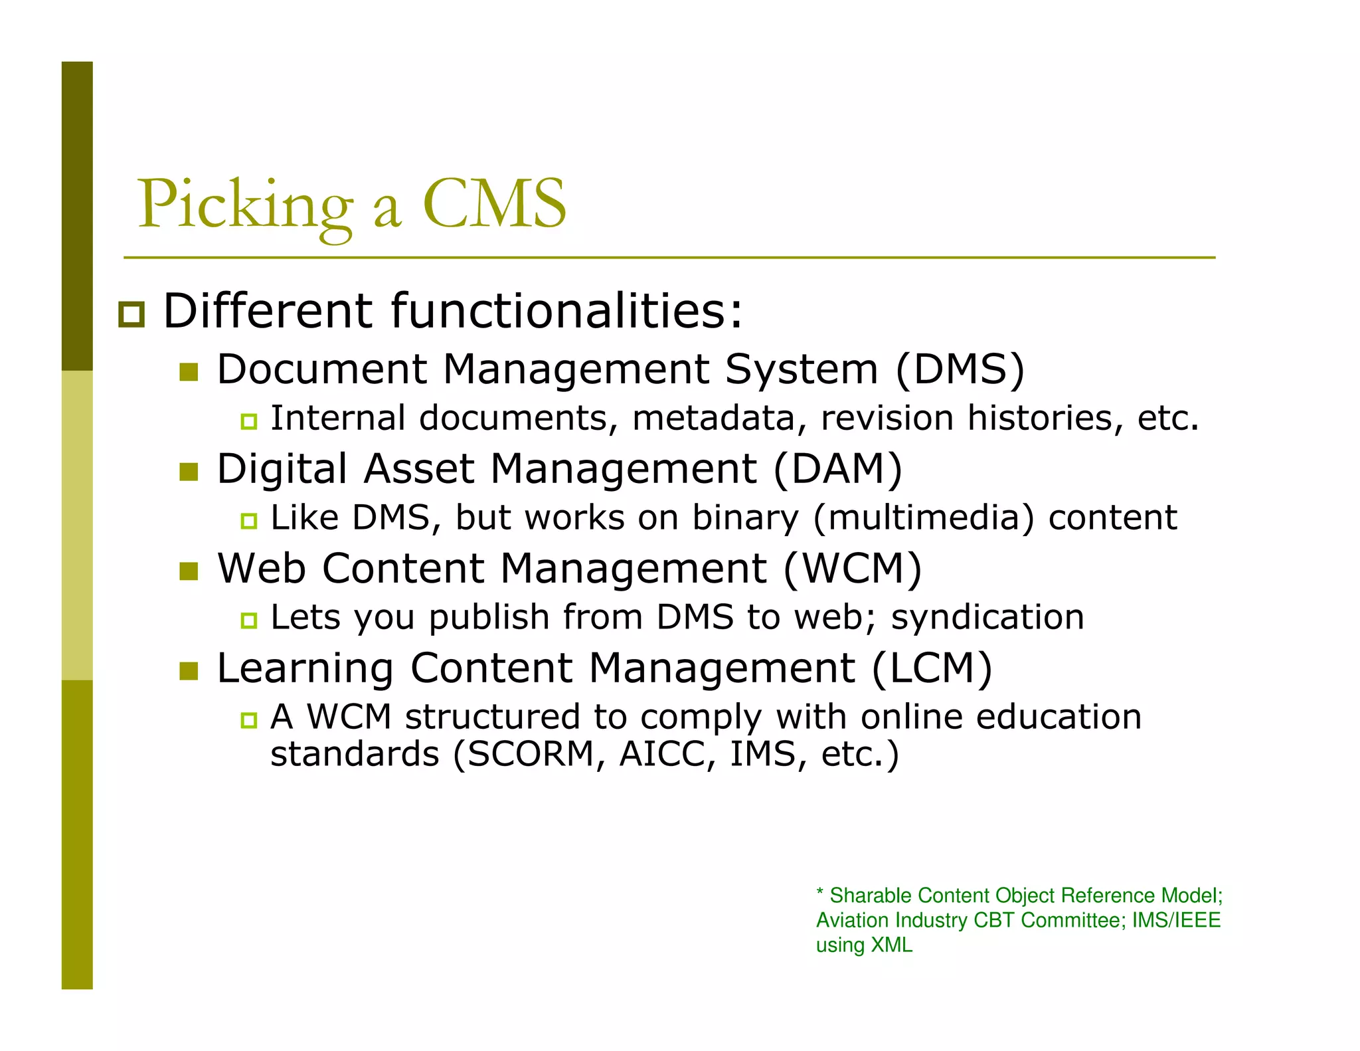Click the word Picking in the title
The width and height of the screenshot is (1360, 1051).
(x=245, y=205)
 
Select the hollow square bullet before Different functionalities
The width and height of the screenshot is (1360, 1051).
(x=131, y=314)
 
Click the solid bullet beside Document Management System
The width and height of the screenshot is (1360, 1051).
(x=189, y=372)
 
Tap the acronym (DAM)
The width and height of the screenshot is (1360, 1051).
(x=837, y=468)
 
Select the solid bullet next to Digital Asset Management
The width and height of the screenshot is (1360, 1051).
(x=189, y=472)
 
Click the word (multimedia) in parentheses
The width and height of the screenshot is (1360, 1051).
(x=924, y=518)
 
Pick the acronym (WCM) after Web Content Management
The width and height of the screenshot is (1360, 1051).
(x=853, y=569)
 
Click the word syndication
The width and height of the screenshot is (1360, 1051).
(x=987, y=617)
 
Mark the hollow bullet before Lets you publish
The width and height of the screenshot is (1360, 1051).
(x=249, y=621)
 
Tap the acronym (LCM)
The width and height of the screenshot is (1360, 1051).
(x=932, y=668)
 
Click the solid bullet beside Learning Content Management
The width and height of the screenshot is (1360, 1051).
(x=189, y=671)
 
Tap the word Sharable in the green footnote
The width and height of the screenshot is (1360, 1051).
(x=871, y=896)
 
